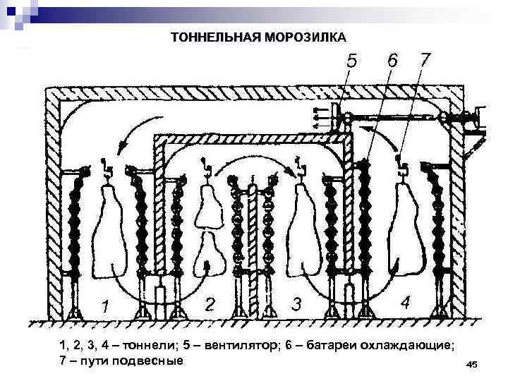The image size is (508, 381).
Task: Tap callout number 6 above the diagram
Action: coord(391,61)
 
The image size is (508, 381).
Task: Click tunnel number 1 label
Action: coord(104,307)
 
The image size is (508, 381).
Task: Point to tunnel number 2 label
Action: coord(210,304)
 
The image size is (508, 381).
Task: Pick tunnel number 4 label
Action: coord(406,303)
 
